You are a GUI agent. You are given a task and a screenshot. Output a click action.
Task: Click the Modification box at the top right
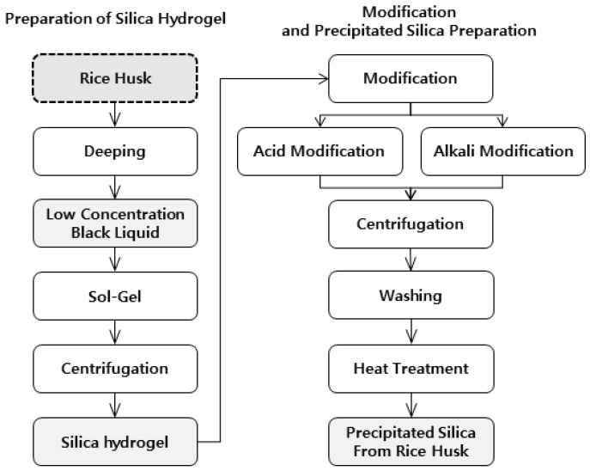[x=411, y=79]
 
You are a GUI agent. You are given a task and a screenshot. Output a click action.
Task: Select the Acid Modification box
[x=319, y=151]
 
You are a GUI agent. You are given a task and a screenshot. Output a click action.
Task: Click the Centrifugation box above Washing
[x=411, y=224]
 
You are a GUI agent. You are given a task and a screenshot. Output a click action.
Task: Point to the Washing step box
[x=411, y=297]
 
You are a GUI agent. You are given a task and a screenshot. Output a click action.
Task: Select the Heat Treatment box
[x=411, y=369]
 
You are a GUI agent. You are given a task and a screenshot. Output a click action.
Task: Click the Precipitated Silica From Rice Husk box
[x=411, y=442]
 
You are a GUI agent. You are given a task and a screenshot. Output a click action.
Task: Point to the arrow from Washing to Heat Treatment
[x=411, y=333]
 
